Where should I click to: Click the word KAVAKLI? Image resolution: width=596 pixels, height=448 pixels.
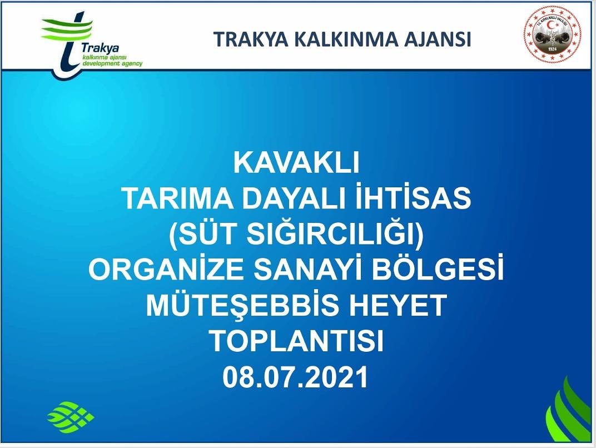[x=296, y=163]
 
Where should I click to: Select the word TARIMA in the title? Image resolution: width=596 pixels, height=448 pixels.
[x=177, y=198]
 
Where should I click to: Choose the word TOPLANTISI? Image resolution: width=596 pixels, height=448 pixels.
[x=297, y=340]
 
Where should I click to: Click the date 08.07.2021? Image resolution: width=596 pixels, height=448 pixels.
[x=296, y=376]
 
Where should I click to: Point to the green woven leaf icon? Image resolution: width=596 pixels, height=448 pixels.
[x=71, y=415]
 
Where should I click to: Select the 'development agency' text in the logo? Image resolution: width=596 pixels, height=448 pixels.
[x=112, y=63]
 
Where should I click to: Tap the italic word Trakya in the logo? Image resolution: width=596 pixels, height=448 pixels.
[x=100, y=48]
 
